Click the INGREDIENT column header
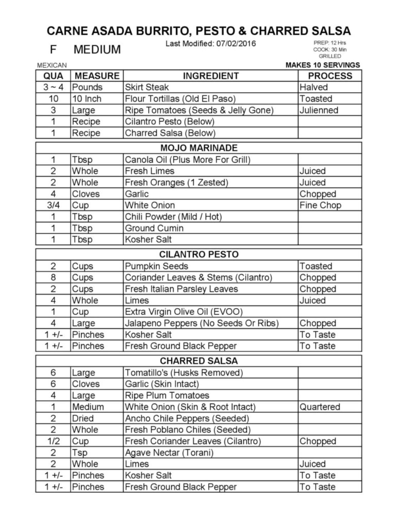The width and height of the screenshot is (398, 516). tap(210, 76)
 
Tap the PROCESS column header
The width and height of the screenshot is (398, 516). tap(330, 76)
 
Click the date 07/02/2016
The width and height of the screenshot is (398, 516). tap(236, 43)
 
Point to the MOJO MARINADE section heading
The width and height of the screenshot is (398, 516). tap(199, 148)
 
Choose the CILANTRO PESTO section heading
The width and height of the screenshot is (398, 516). tap(199, 254)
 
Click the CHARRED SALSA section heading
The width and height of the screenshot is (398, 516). tap(199, 361)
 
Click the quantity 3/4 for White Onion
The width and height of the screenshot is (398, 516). tap(53, 205)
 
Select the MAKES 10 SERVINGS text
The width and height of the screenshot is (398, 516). tap(322, 65)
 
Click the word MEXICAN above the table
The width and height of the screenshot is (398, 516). tap(52, 65)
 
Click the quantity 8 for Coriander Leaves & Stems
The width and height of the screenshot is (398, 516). tap(53, 277)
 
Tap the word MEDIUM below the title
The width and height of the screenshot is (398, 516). tap(97, 49)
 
